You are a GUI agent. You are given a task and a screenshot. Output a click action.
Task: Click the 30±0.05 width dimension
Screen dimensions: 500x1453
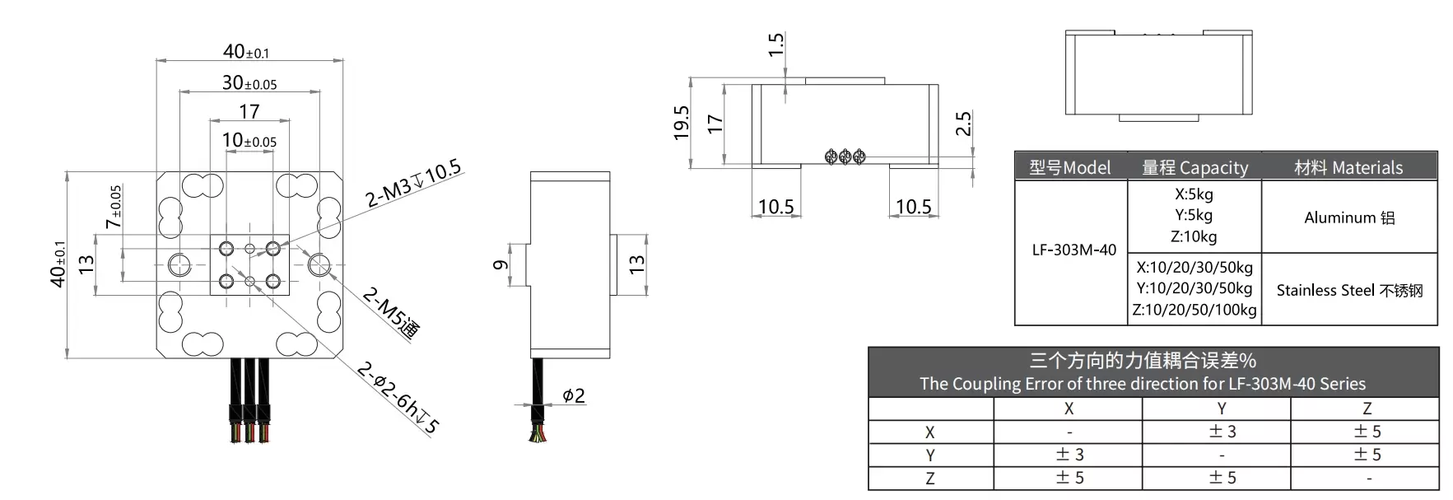[249, 83]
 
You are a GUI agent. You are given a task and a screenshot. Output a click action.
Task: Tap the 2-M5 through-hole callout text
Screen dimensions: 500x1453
[391, 312]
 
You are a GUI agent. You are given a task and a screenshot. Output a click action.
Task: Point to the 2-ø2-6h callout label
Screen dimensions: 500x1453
[398, 398]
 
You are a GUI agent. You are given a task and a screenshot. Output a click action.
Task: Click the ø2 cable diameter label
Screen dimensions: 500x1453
[573, 395]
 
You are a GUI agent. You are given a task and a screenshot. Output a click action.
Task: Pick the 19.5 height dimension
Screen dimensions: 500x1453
[681, 123]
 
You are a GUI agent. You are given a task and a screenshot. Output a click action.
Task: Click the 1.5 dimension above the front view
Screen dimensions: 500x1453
[775, 45]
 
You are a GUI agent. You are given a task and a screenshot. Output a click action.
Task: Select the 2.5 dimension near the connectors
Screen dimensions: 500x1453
[964, 124]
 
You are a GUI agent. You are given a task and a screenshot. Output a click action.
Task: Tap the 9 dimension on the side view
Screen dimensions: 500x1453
[500, 264]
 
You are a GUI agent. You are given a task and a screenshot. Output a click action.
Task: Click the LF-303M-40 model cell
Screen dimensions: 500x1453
[1073, 250]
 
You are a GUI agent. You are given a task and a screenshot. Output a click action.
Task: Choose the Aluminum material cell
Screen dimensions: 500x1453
[1348, 217]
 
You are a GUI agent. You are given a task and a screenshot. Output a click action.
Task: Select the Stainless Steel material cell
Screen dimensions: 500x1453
[1348, 290]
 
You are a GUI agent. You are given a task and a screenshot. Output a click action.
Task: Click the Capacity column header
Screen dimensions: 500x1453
[1194, 168]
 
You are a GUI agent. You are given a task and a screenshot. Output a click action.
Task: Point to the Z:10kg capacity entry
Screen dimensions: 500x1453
[1194, 236]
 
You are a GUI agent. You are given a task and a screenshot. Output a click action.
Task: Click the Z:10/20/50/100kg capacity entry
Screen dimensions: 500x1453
[1194, 310]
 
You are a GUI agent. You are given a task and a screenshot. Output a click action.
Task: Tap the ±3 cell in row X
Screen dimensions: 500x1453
[1222, 432]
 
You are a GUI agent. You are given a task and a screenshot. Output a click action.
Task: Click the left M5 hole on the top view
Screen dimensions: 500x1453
[179, 264]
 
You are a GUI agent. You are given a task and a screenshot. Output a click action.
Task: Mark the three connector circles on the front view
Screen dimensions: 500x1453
[845, 156]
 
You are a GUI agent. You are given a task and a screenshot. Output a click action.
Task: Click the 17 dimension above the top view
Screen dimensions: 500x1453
[249, 111]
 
